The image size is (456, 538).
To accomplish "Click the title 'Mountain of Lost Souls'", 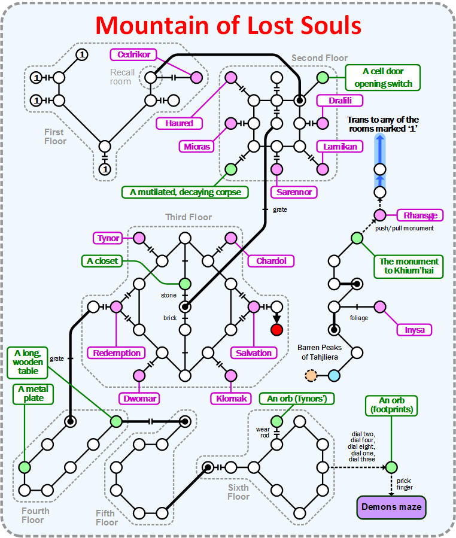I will pyautogui.click(x=228, y=26).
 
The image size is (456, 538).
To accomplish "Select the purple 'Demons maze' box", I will pyautogui.click(x=391, y=507).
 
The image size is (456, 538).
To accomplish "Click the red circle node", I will pyautogui.click(x=276, y=329).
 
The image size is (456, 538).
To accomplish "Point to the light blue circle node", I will pyautogui.click(x=334, y=376).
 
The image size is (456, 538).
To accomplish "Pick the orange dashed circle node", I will pyautogui.click(x=311, y=376).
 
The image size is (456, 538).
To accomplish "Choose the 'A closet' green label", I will pyautogui.click(x=102, y=261).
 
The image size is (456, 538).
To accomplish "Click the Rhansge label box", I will pyautogui.click(x=420, y=215).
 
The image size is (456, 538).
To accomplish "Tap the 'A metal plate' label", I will pyautogui.click(x=34, y=394).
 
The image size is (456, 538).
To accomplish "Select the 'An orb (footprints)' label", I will pyautogui.click(x=391, y=405).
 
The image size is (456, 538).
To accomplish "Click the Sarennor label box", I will pyautogui.click(x=293, y=192).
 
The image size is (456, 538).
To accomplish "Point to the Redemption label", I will pyautogui.click(x=117, y=352).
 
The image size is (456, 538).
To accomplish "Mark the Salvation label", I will pyautogui.click(x=254, y=352).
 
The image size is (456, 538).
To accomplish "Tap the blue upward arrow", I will pyautogui.click(x=379, y=153).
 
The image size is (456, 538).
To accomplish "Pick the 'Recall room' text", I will pyautogui.click(x=121, y=77).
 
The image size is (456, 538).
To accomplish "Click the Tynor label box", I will pyautogui.click(x=109, y=238).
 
